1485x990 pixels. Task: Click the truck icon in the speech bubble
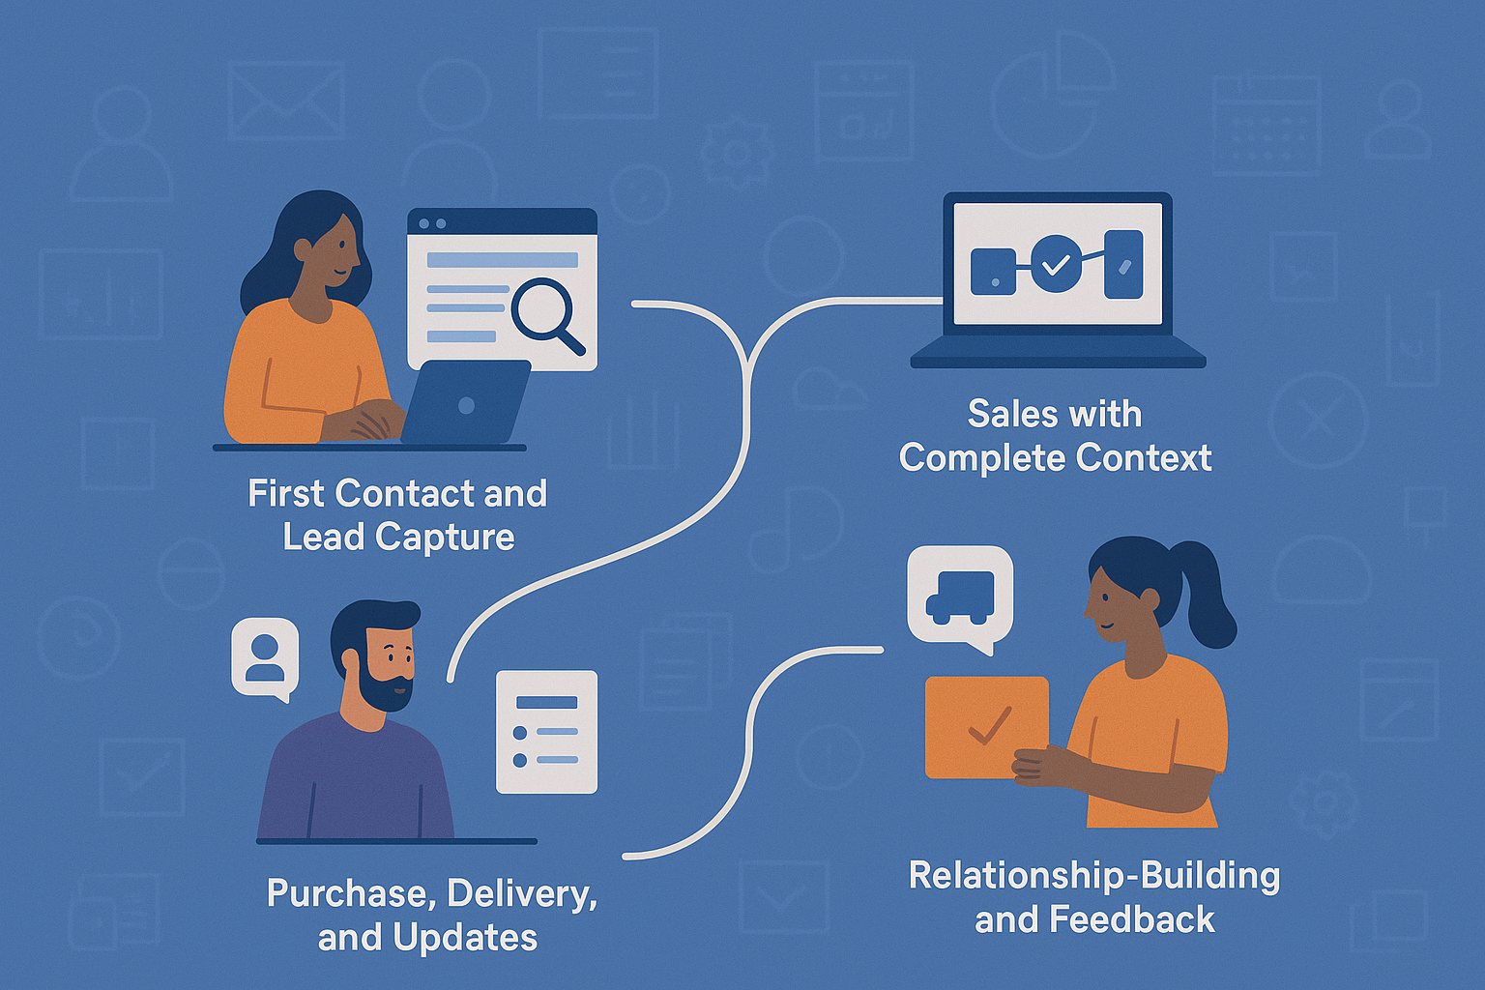(x=960, y=595)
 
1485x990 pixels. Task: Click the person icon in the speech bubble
(x=265, y=657)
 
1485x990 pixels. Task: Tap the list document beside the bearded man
(x=546, y=732)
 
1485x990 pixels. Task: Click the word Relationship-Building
(x=1094, y=876)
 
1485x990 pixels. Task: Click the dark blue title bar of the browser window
(x=502, y=222)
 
